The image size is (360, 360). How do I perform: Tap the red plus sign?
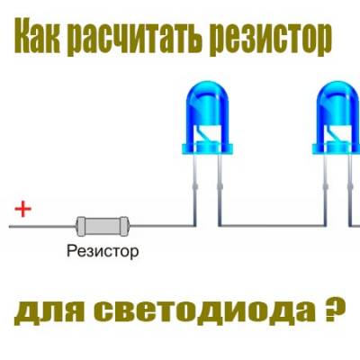(23, 209)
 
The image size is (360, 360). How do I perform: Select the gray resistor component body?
(103, 226)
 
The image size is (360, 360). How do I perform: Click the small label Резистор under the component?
(103, 251)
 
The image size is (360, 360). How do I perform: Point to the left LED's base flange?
(207, 148)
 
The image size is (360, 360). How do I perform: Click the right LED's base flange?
(337, 148)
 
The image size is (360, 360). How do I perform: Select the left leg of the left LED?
(194, 189)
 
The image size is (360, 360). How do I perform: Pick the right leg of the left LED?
(220, 189)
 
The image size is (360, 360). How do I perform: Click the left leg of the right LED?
(326, 189)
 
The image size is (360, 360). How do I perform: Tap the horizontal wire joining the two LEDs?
(273, 225)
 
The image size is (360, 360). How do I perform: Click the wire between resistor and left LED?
(163, 225)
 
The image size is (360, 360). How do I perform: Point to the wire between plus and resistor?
(42, 227)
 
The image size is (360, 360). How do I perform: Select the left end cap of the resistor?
(80, 226)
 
